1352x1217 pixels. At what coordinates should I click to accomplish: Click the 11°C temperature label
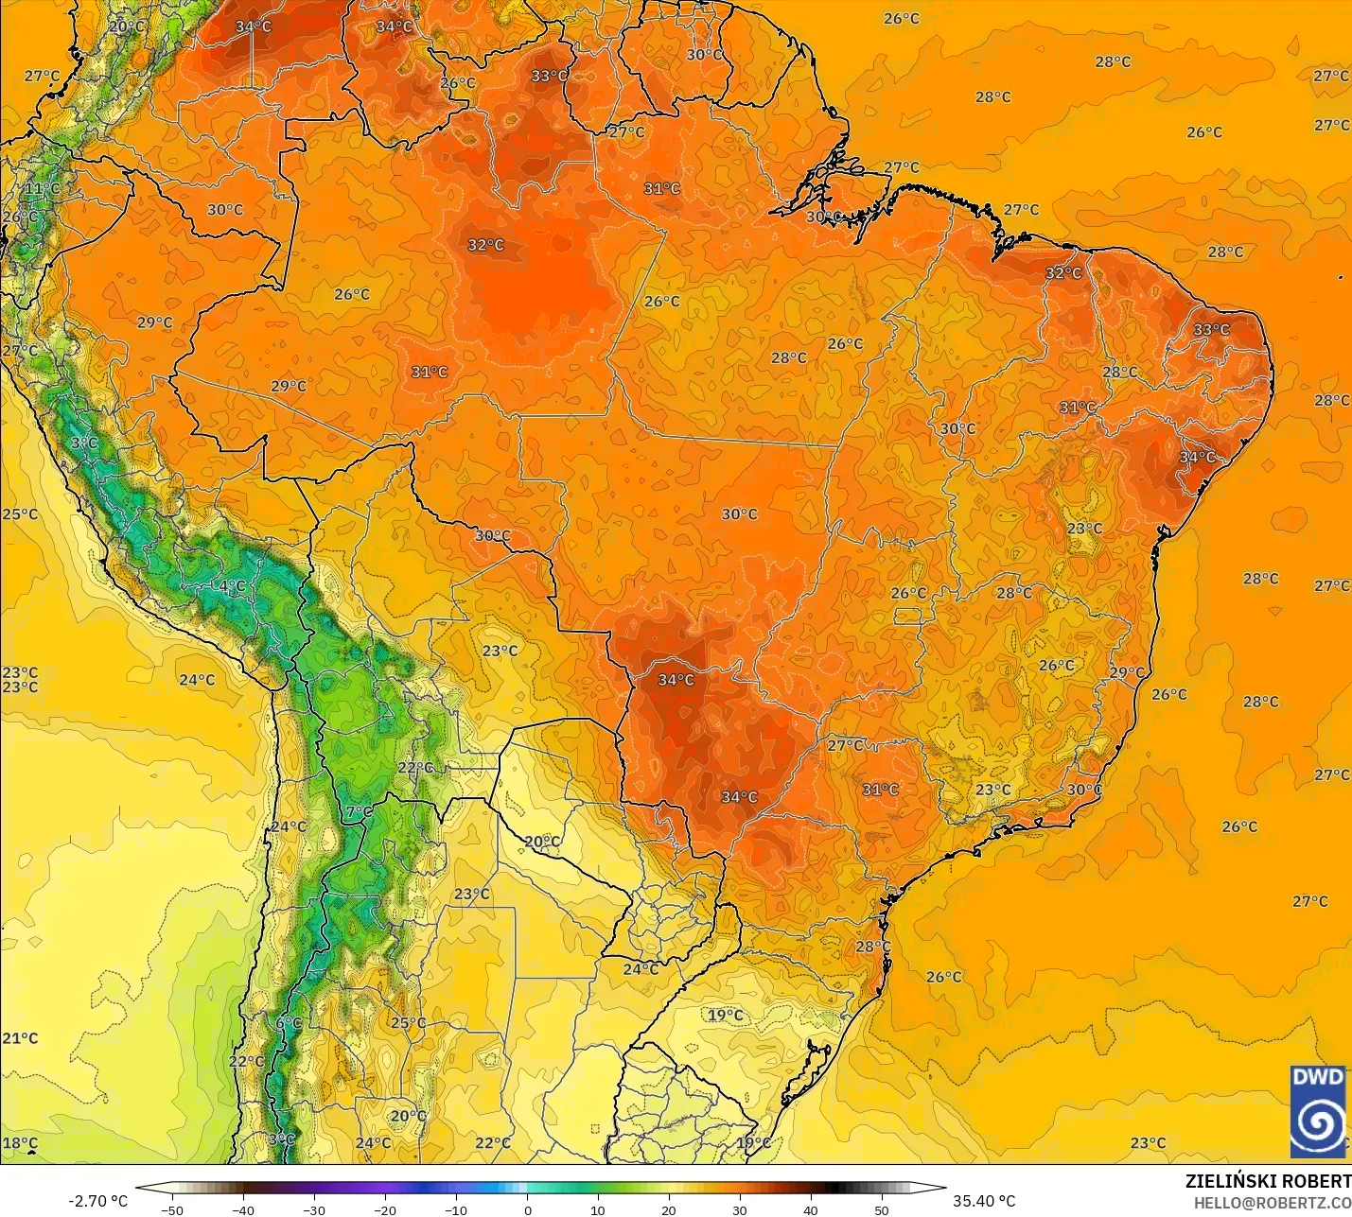click(x=42, y=189)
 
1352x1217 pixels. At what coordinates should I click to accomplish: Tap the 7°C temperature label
click(x=360, y=812)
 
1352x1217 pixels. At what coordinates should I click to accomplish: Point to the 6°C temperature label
click(x=289, y=1023)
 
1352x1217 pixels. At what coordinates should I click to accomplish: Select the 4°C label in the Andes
click(x=232, y=586)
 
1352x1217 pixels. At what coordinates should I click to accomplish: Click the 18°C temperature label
click(x=20, y=1143)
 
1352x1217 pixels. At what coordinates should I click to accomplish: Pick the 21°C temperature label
click(x=20, y=1038)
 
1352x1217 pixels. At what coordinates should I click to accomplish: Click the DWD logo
click(x=1318, y=1110)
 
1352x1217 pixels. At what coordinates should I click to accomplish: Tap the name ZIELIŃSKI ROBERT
click(x=1268, y=1182)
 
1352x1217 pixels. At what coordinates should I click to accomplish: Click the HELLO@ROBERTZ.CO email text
click(x=1272, y=1203)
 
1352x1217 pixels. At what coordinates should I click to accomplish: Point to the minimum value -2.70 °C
click(x=97, y=1201)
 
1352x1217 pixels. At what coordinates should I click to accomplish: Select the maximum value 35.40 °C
click(x=984, y=1201)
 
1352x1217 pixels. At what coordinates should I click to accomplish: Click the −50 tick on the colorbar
click(x=172, y=1210)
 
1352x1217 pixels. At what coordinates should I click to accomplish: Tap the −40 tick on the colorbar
click(x=243, y=1210)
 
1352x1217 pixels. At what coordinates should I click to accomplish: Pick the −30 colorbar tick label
click(x=314, y=1210)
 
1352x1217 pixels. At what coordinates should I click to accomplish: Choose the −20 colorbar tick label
click(x=385, y=1210)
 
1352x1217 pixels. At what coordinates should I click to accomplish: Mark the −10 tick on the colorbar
click(x=456, y=1210)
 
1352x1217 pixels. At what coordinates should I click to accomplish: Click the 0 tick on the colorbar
click(x=528, y=1210)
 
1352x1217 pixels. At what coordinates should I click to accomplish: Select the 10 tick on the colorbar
click(x=598, y=1210)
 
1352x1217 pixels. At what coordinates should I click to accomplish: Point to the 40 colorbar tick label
click(x=811, y=1210)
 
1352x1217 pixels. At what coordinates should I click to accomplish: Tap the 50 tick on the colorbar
click(x=882, y=1210)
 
